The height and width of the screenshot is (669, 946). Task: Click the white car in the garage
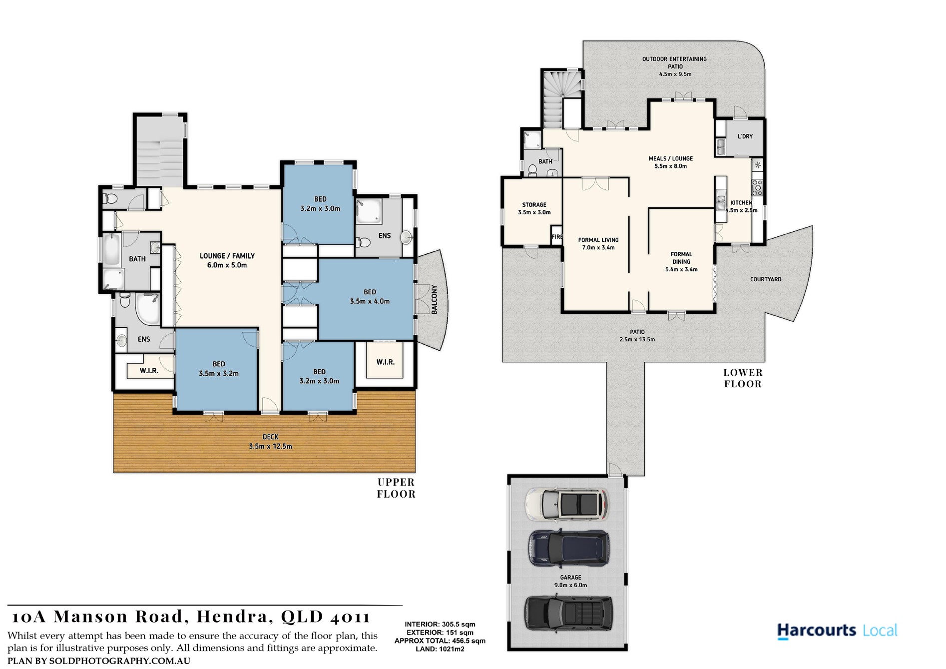pyautogui.click(x=567, y=504)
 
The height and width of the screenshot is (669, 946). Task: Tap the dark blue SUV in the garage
pyautogui.click(x=569, y=549)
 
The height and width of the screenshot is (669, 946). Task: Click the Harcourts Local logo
pyautogui.click(x=837, y=631)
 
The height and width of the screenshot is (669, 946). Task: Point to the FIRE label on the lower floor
pyautogui.click(x=557, y=237)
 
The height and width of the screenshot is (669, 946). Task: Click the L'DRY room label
pyautogui.click(x=745, y=136)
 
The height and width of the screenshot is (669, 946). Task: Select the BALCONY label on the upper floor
pyautogui.click(x=434, y=300)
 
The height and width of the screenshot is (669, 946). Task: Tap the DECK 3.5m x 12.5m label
pyautogui.click(x=270, y=442)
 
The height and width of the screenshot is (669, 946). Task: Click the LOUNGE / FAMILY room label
pyautogui.click(x=227, y=260)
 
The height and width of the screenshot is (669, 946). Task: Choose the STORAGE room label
pyautogui.click(x=534, y=208)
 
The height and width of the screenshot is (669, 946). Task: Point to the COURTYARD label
pyautogui.click(x=766, y=279)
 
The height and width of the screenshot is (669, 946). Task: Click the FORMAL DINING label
pyautogui.click(x=681, y=262)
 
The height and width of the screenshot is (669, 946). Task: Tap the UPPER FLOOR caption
pyautogui.click(x=396, y=488)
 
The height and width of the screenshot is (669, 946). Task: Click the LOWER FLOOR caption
pyautogui.click(x=743, y=378)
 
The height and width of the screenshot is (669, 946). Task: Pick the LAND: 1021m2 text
pyautogui.click(x=440, y=649)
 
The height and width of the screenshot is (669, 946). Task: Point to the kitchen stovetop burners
pyautogui.click(x=757, y=187)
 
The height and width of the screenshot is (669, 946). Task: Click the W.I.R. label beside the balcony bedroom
pyautogui.click(x=385, y=362)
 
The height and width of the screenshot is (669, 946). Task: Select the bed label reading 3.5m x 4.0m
pyautogui.click(x=370, y=301)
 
